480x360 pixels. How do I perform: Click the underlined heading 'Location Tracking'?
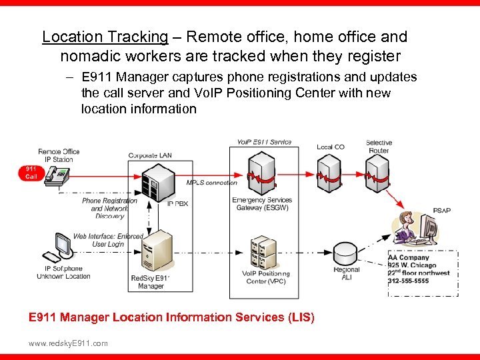[105, 37]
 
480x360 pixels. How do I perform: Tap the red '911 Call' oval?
[31, 173]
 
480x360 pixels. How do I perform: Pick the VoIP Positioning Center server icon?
[263, 252]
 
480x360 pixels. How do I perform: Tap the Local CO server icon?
[329, 172]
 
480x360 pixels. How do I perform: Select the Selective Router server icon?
[379, 172]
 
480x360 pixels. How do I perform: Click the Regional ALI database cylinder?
[347, 254]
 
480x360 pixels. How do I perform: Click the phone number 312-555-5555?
[408, 281]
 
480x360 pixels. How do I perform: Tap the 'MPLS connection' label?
[211, 183]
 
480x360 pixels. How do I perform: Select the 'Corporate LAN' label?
[150, 155]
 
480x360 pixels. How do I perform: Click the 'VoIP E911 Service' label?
[264, 142]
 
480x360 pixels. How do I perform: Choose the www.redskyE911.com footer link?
[68, 343]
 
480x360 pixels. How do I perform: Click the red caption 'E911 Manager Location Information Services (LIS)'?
[171, 317]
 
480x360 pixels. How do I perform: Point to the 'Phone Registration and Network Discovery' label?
[109, 208]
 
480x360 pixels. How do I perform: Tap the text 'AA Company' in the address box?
[409, 258]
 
